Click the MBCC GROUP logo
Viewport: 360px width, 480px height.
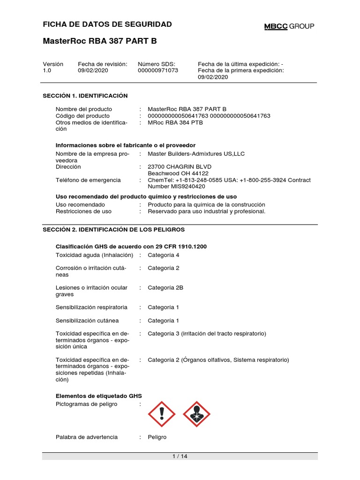coord(289,26)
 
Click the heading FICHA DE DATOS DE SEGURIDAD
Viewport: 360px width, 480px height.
coord(107,24)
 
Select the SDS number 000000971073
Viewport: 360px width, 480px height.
coord(158,71)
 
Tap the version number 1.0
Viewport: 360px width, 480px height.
coord(47,71)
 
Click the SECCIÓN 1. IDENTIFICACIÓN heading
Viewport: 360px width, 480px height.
coord(85,96)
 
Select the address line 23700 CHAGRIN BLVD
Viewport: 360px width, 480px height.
coord(180,167)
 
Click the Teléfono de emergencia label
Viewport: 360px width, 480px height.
coord(88,180)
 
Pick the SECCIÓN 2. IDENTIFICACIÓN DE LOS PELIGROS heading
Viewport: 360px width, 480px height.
coord(114,230)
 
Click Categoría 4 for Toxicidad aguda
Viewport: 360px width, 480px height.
coord(164,255)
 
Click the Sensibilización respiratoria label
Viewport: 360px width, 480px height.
coord(91,307)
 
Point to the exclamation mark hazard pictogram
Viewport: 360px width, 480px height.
coord(162,414)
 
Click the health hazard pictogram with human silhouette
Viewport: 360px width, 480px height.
coord(196,414)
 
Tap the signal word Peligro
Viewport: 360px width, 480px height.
coord(157,437)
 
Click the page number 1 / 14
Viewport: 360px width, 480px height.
coord(180,457)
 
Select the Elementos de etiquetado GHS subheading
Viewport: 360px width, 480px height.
coord(98,396)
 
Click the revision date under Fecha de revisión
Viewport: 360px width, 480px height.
coord(93,71)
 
